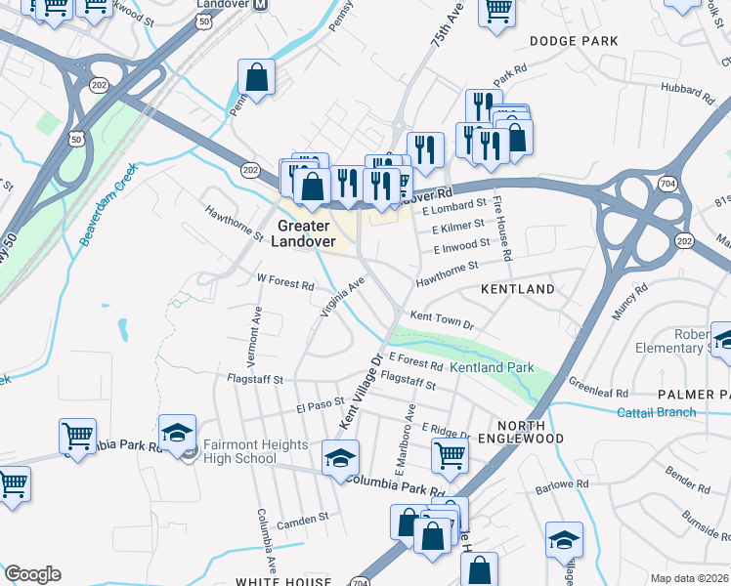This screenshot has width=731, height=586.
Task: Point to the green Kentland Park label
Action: coord(492,367)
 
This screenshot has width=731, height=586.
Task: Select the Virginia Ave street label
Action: coord(341,297)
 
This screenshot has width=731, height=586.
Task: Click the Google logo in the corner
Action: coord(32,574)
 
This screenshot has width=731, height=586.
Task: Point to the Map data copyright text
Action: coord(689,578)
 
